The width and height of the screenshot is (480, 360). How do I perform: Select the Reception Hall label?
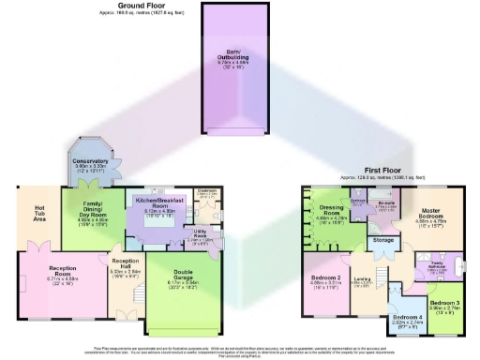tap(125, 268)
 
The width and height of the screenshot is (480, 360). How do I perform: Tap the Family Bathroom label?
tap(437, 266)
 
